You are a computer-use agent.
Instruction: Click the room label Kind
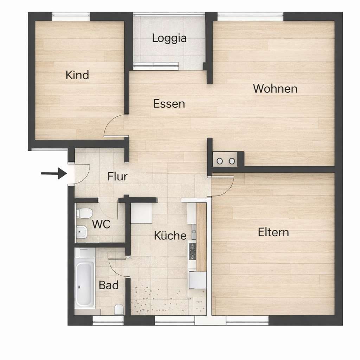(x=77, y=75)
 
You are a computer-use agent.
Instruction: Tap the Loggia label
(x=169, y=38)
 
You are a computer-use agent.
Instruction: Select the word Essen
(x=169, y=104)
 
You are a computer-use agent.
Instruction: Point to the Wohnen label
(x=275, y=89)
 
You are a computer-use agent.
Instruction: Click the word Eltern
(x=273, y=232)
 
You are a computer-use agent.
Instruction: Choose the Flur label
(x=117, y=176)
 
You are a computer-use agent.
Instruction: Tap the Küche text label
(x=170, y=235)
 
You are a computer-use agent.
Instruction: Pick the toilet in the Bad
(x=119, y=309)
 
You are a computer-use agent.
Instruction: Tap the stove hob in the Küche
(x=192, y=250)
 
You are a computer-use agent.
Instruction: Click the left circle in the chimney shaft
(x=220, y=161)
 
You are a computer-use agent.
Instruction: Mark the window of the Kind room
(x=71, y=15)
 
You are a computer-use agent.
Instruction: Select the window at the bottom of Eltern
(x=247, y=320)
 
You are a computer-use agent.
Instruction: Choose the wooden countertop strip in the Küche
(x=201, y=237)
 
